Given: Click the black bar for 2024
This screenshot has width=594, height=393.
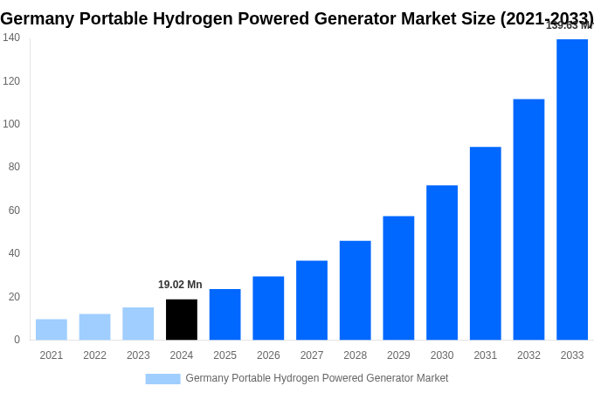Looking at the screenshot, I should tap(182, 320).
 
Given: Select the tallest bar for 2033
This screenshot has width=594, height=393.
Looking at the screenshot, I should tap(572, 190).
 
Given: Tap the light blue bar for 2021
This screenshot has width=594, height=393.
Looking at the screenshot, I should tap(52, 329).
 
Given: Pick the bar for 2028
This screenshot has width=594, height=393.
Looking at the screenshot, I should tap(356, 290).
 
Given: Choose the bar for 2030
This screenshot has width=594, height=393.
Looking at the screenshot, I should tap(442, 262).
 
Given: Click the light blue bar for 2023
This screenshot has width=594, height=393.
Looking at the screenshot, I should tap(138, 323).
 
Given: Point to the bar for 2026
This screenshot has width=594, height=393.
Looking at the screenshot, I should tap(268, 308).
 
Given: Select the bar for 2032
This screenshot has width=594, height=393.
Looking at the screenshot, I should tap(528, 219).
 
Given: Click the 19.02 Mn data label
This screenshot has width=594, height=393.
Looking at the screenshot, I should tap(180, 285).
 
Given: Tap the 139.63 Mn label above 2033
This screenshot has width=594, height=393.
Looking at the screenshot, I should tap(569, 25).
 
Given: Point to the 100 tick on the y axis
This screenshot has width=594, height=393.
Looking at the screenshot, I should tap(11, 124).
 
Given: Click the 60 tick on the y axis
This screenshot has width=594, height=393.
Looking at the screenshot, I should tap(14, 210).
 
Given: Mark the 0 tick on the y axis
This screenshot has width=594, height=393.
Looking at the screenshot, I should tap(17, 340).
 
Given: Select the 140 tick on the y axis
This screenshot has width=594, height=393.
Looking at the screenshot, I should tap(11, 38).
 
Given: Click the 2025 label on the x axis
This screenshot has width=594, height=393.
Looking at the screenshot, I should tap(224, 355).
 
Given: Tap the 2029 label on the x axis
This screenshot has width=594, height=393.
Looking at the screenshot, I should tap(398, 355).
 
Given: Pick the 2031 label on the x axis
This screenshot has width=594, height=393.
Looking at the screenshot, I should tap(485, 355).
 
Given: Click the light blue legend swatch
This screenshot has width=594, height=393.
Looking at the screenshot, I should tap(162, 378).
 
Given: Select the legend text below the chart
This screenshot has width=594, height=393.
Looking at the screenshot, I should tap(316, 378).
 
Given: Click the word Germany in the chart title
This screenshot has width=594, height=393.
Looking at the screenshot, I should tap(38, 18).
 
